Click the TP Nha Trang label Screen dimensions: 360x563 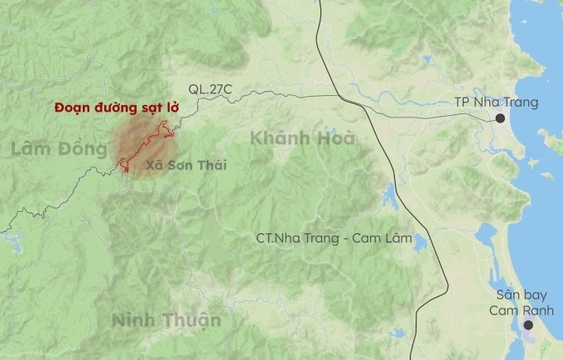click(x=496, y=103)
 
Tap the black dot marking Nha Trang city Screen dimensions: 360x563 click(x=501, y=119)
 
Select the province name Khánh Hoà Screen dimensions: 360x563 click(x=302, y=138)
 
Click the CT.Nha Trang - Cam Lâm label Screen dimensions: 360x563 click(x=334, y=238)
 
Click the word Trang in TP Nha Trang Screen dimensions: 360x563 click(x=521, y=103)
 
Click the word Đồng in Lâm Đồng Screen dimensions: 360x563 click(x=83, y=149)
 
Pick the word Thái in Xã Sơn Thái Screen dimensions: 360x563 click(x=211, y=166)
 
